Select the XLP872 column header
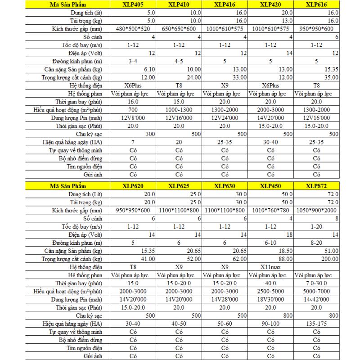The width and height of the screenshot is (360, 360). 316,185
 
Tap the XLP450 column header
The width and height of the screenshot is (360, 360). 270,185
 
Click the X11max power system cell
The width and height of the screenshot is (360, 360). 270,266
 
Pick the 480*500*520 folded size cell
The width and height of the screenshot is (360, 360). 133,29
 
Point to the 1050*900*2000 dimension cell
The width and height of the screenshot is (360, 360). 316,210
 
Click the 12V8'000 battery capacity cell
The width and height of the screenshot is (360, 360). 133,118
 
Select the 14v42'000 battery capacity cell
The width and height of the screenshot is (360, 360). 316,299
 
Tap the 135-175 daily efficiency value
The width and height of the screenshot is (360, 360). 316,323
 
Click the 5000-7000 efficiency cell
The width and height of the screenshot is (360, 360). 316,291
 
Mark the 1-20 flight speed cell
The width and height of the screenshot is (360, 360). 316,226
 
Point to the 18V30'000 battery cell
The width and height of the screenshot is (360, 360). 270,299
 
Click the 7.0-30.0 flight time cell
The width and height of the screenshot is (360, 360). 316,283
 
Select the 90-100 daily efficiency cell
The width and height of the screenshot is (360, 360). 270,323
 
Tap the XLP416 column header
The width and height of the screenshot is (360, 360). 224,5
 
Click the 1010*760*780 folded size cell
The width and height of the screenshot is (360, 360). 270,210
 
